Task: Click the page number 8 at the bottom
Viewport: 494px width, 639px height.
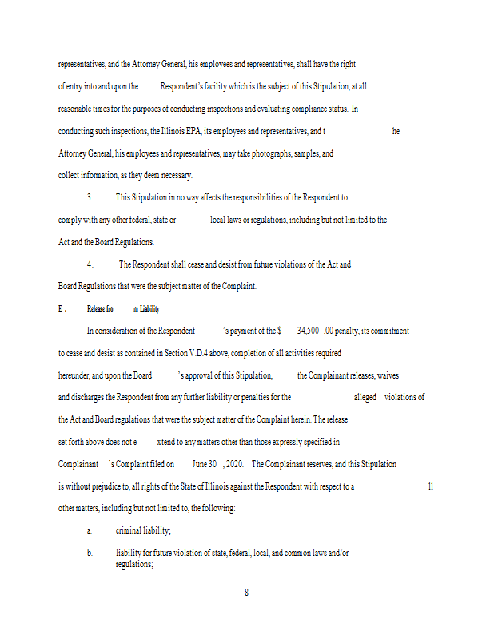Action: (246, 592)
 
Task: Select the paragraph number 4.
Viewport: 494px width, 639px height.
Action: (90, 264)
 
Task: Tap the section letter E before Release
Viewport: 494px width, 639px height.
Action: (60, 308)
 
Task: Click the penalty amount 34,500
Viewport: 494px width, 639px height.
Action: (309, 331)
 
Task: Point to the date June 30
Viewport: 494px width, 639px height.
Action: (205, 464)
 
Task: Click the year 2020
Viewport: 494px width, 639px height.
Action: (234, 464)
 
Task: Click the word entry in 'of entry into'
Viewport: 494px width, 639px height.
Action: (77, 85)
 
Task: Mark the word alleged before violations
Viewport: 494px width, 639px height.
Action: (365, 397)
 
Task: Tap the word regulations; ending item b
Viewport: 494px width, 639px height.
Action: (133, 564)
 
